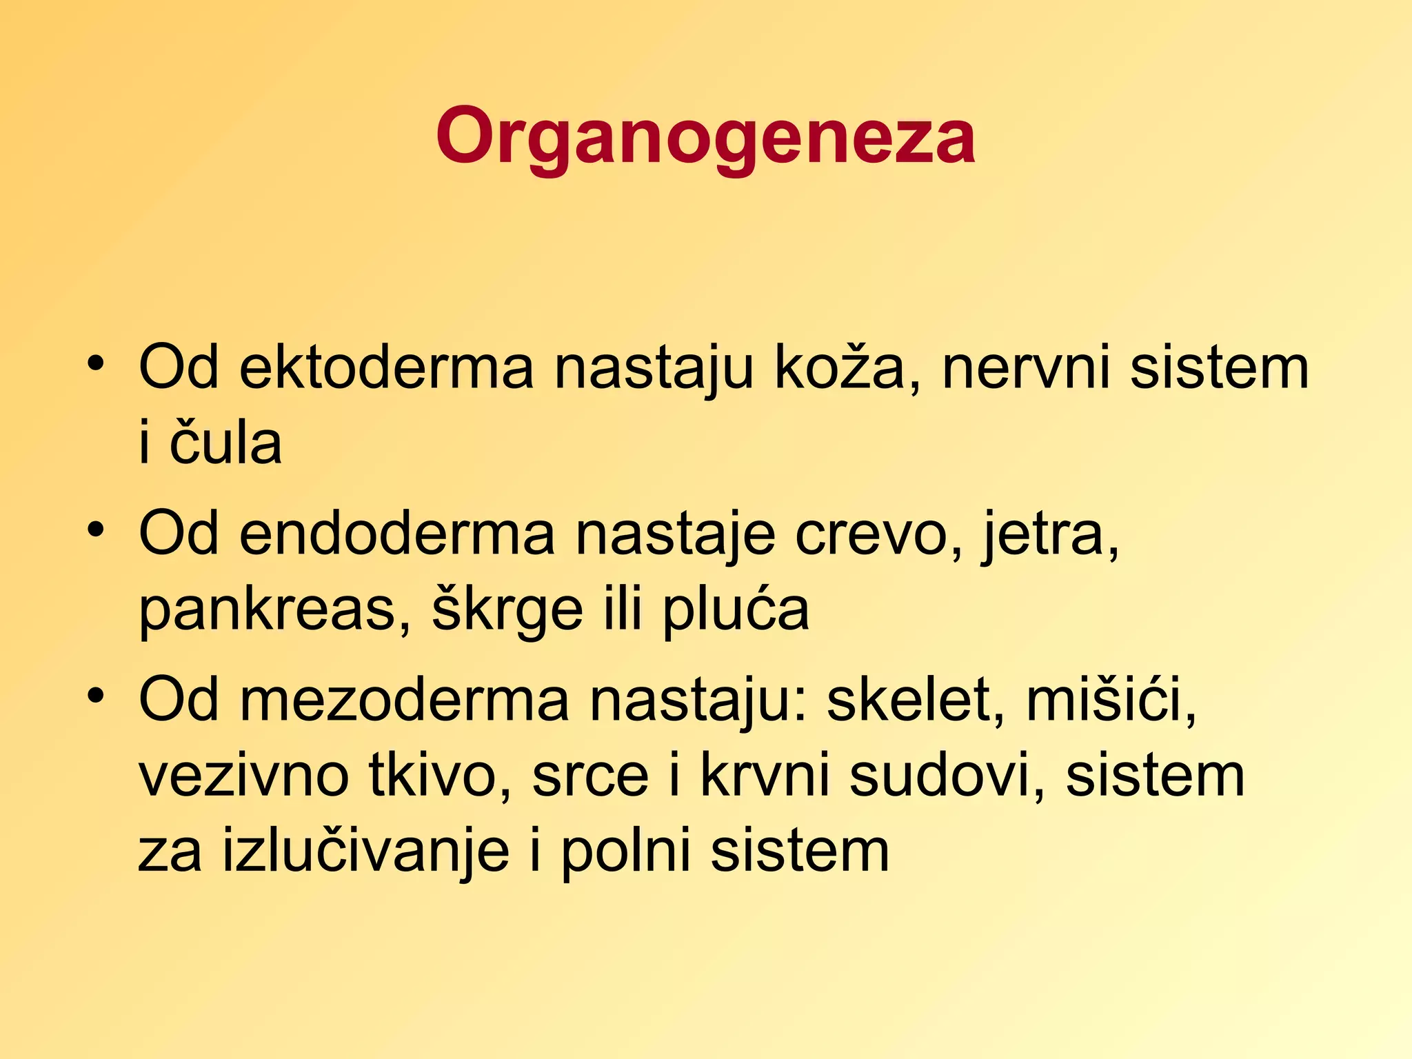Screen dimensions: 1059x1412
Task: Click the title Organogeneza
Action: [x=705, y=136]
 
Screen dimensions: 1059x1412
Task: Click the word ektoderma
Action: [x=386, y=367]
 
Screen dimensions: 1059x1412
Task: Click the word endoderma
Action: [x=396, y=534]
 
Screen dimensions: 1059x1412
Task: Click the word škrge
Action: [x=507, y=609]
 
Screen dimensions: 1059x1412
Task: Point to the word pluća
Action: [x=735, y=609]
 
